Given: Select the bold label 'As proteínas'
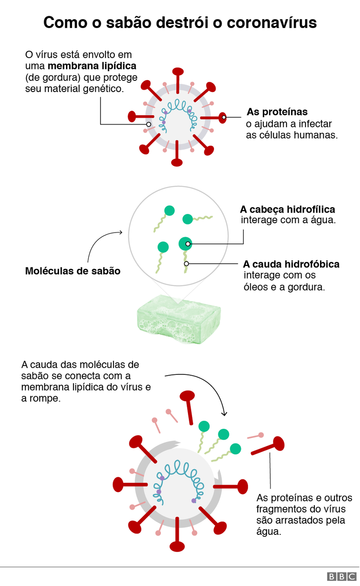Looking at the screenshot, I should click(277, 112).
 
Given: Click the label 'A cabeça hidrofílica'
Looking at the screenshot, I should click(287, 209).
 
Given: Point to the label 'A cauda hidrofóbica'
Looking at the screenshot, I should click(291, 264).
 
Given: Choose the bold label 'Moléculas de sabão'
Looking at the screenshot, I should click(73, 271).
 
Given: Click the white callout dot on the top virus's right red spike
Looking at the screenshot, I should click(224, 117).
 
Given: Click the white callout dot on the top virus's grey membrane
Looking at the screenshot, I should click(148, 124).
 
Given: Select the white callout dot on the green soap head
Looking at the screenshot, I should click(188, 243).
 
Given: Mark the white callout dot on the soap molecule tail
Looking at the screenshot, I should click(186, 263).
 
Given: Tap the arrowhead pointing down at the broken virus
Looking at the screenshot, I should click(224, 413).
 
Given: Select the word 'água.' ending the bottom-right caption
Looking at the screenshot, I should click(269, 532).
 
